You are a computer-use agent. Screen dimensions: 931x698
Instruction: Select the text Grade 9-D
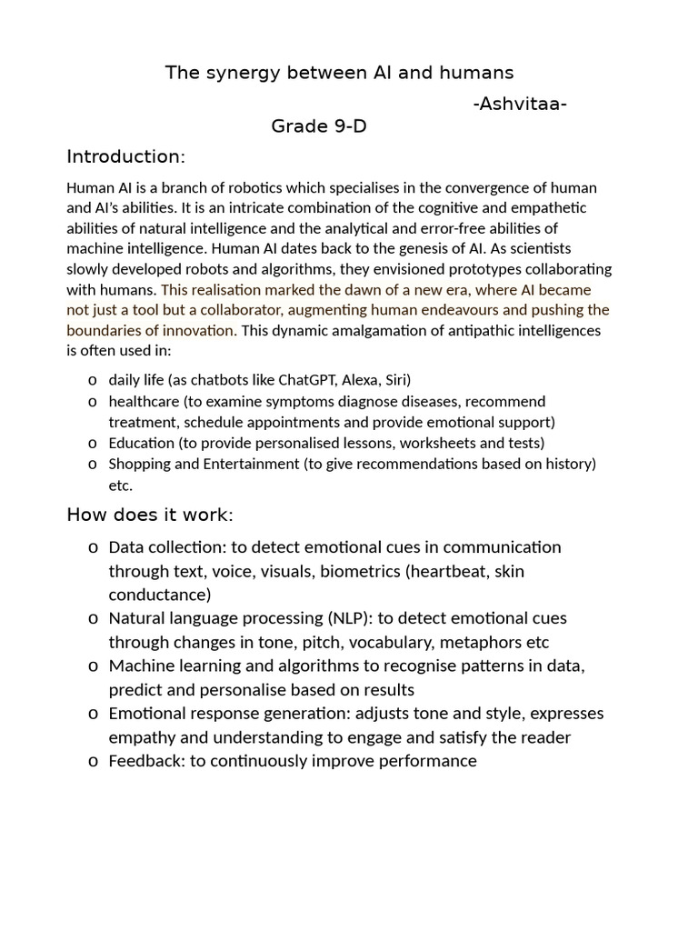point(319,126)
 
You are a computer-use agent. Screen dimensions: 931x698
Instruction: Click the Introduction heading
point(125,157)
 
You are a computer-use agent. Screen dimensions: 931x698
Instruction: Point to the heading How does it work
point(150,516)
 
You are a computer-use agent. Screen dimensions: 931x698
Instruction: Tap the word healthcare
point(142,401)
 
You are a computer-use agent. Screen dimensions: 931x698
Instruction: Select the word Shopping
point(139,465)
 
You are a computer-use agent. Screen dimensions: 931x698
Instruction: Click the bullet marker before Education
point(93,444)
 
